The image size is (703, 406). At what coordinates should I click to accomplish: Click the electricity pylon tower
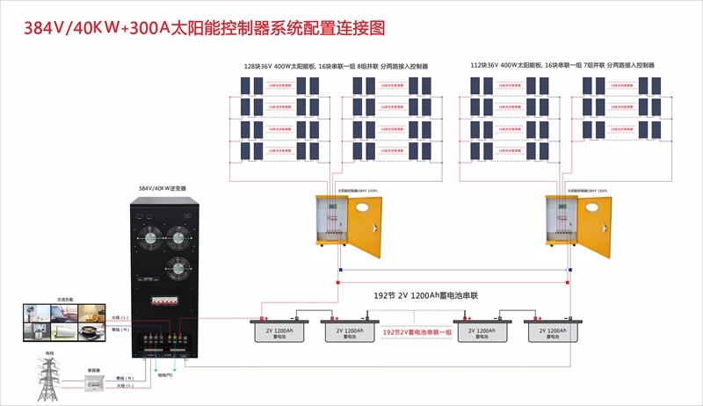click(x=49, y=378)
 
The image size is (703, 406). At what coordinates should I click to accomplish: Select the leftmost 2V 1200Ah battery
click(x=279, y=332)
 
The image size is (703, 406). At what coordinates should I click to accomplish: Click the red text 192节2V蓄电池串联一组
click(x=417, y=332)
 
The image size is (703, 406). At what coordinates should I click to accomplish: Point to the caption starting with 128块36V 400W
click(x=336, y=66)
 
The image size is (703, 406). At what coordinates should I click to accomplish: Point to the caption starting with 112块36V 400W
click(x=562, y=66)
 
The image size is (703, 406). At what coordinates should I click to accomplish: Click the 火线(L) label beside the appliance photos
click(x=121, y=316)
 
